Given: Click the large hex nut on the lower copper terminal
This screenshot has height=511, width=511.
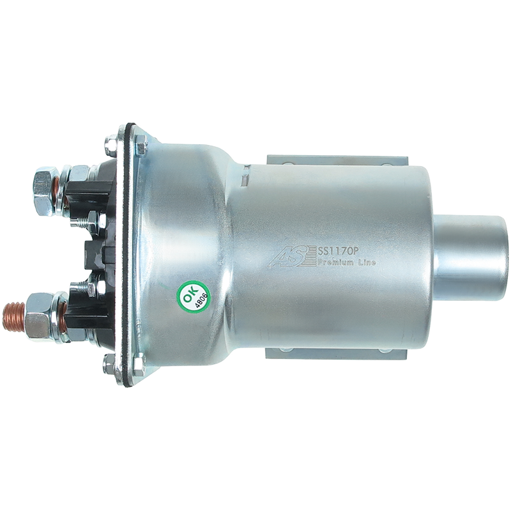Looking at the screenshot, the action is pos(38,317).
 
